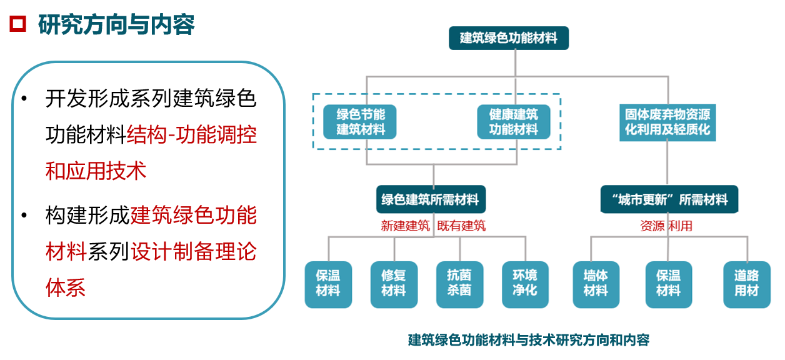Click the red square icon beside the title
[x=17, y=24]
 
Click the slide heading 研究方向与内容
[x=116, y=25]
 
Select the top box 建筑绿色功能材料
[x=509, y=37]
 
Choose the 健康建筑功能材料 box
[x=513, y=121]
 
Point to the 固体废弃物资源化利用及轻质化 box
[x=667, y=122]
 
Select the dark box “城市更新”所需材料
[x=669, y=199]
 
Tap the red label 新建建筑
[x=405, y=226]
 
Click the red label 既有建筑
[x=461, y=226]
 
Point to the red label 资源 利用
[x=666, y=226]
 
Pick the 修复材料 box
[x=393, y=284]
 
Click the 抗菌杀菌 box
[x=459, y=284]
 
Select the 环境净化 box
[x=525, y=284]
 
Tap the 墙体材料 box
[x=596, y=284]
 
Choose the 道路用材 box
[x=746, y=284]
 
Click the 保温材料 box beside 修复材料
[x=327, y=284]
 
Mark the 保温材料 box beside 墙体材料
[x=668, y=284]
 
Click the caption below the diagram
[x=528, y=340]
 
